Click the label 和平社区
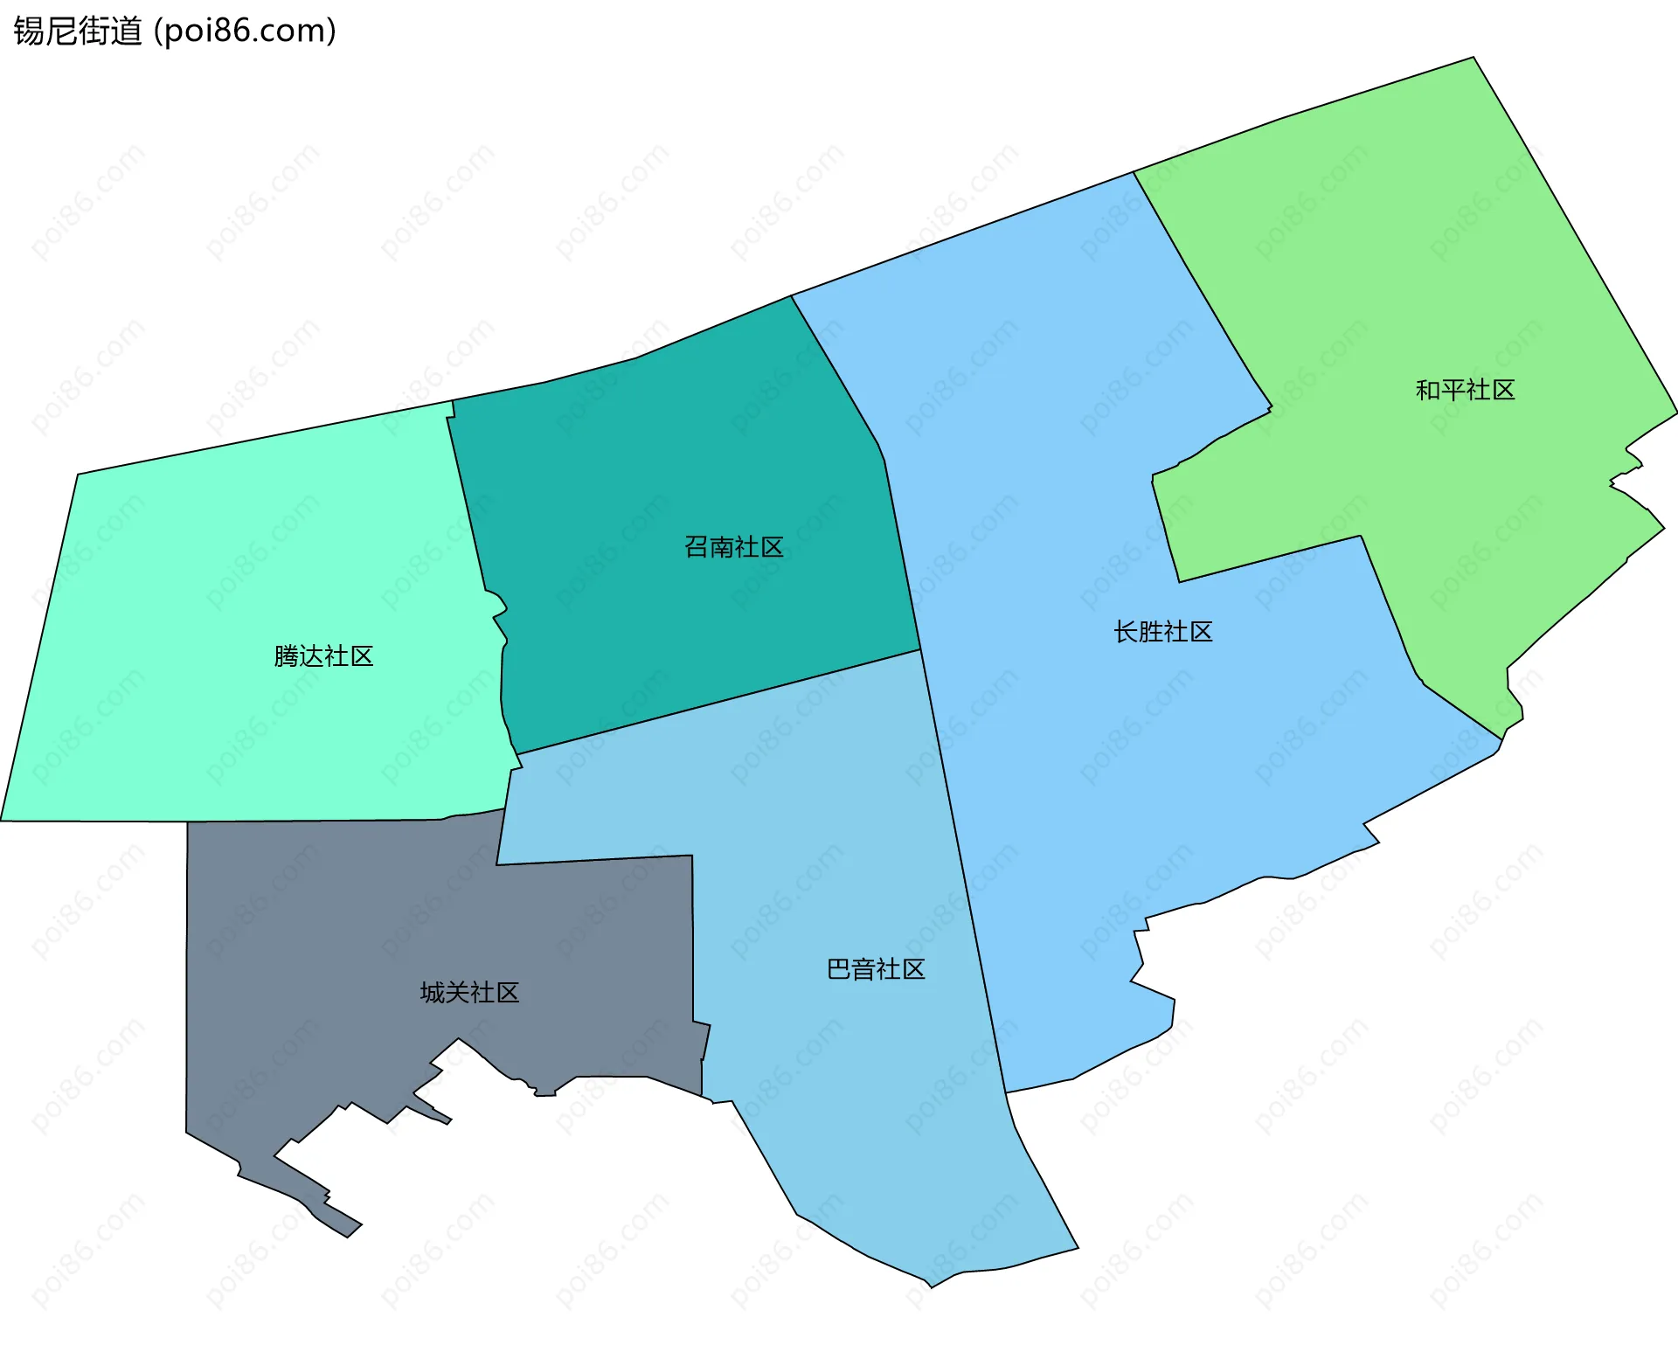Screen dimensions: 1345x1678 click(x=1465, y=390)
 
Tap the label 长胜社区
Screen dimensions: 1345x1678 click(x=1162, y=632)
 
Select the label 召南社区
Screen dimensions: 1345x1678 click(x=733, y=547)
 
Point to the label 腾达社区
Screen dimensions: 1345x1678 click(x=323, y=656)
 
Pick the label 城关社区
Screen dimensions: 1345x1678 click(x=469, y=993)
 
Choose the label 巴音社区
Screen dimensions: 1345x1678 click(x=876, y=969)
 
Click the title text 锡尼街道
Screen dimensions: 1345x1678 click(x=77, y=31)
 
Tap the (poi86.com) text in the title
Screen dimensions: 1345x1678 click(x=245, y=31)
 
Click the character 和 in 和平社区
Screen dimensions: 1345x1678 click(x=1428, y=390)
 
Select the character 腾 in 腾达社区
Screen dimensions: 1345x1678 click(x=287, y=656)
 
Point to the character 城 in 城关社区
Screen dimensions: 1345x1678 click(x=433, y=993)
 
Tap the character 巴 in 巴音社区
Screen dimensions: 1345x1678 click(x=839, y=969)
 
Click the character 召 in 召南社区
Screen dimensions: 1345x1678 click(x=697, y=547)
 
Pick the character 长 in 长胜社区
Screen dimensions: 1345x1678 click(x=1126, y=632)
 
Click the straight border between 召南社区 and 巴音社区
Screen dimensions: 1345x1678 click(x=717, y=702)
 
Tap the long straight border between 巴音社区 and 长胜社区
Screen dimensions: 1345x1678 click(x=961, y=865)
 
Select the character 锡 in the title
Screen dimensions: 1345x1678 click(x=28, y=31)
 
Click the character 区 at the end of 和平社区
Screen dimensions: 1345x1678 click(x=1503, y=390)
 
